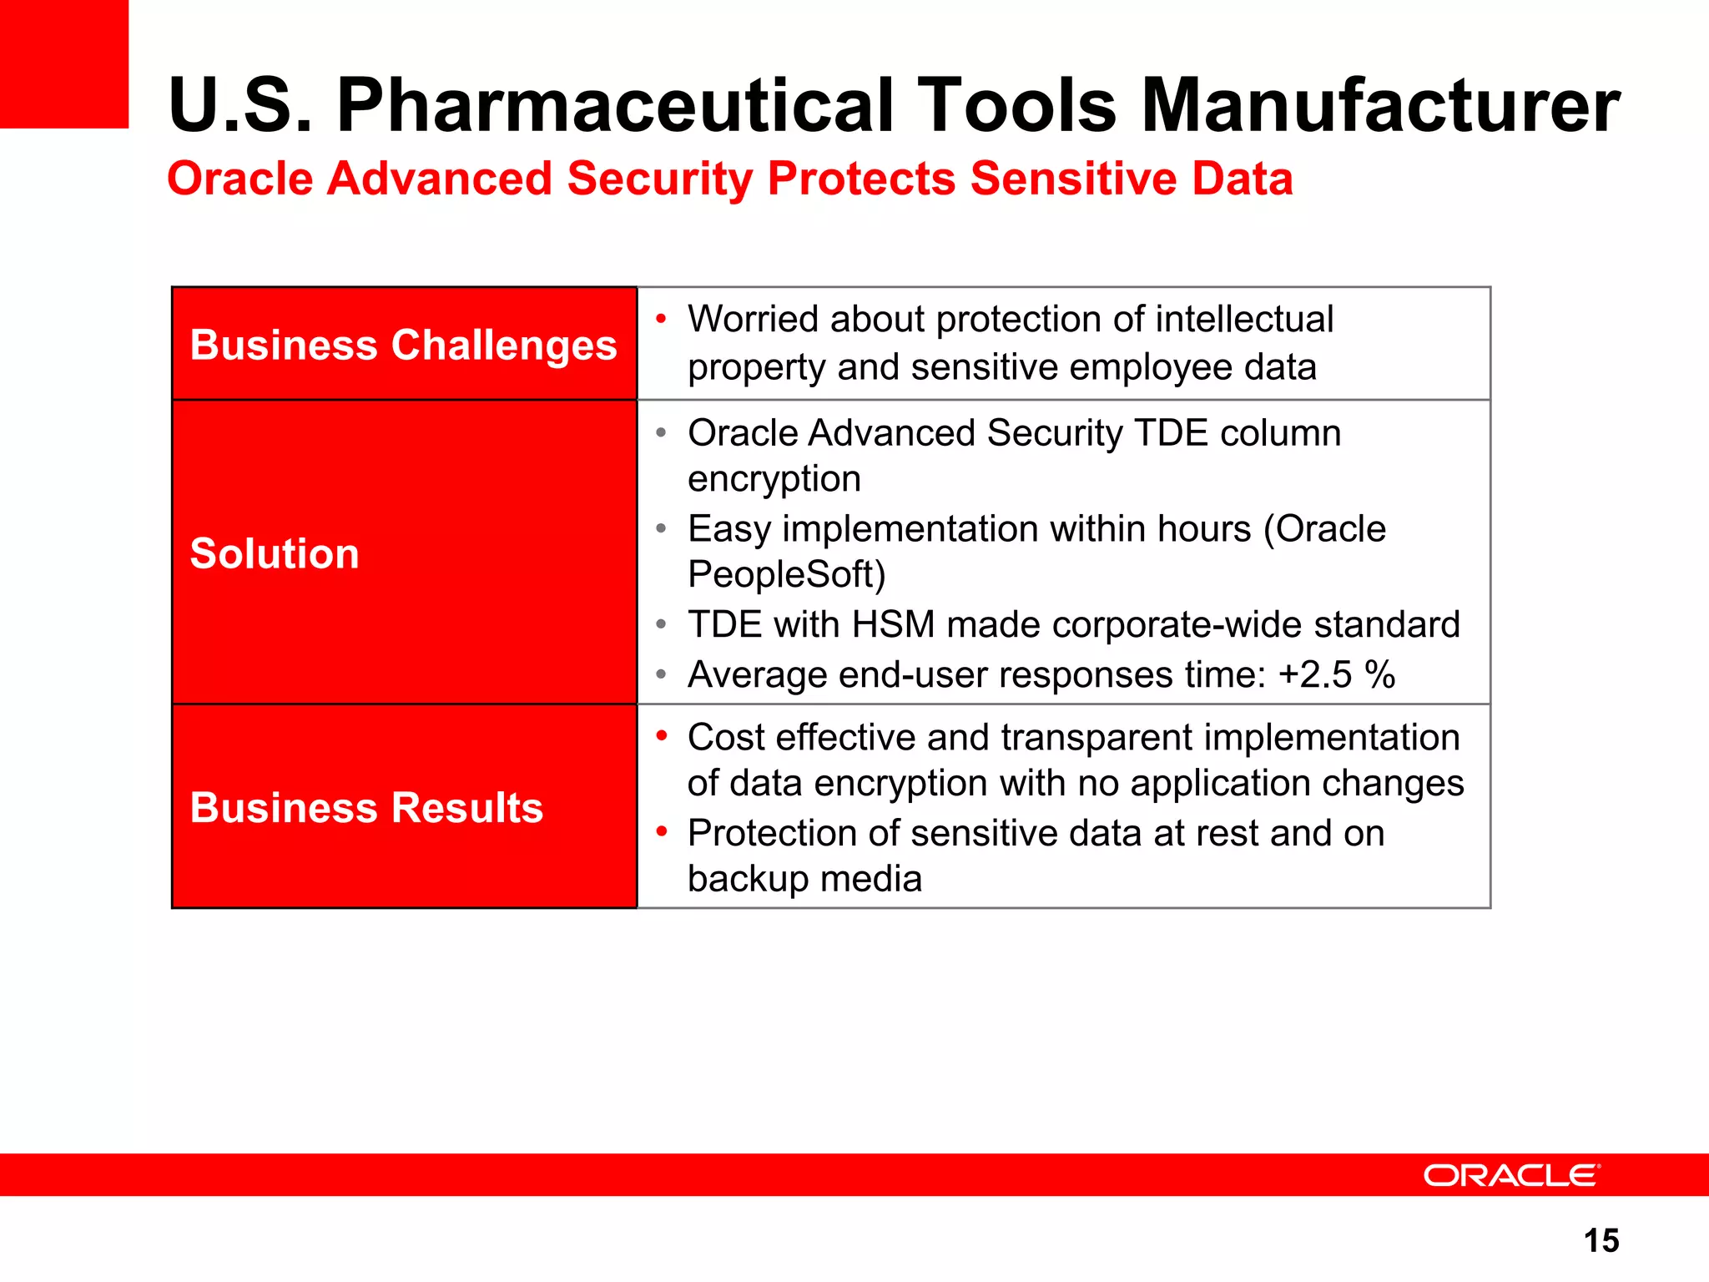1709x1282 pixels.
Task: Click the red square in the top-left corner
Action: [63, 63]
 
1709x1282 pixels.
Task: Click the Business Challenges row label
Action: [403, 345]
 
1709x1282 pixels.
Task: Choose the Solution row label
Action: [275, 553]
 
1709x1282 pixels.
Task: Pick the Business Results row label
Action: [366, 807]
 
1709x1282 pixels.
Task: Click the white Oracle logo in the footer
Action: [1511, 1175]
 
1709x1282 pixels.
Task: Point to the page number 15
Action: [1601, 1240]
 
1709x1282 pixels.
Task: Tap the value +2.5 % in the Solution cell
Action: [1336, 674]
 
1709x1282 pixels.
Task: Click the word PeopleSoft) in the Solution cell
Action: [786, 574]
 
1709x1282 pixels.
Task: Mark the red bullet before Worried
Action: [661, 318]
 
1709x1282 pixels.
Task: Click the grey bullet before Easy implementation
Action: [661, 528]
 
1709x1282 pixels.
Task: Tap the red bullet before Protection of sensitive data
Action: [661, 831]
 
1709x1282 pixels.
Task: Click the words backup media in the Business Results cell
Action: [804, 878]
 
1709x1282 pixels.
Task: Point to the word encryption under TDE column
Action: [774, 479]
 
